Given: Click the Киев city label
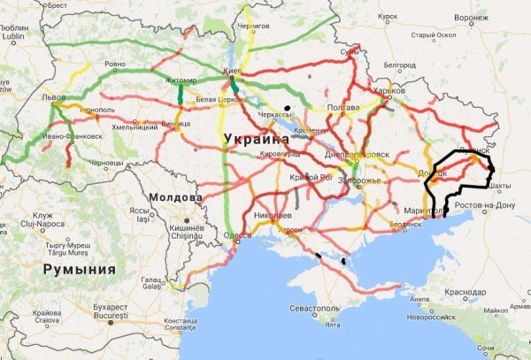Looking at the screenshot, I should tap(233, 69).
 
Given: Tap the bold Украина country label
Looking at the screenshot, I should tap(256, 139).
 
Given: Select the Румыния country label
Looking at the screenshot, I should tap(79, 269).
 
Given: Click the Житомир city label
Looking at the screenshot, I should tap(180, 80).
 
